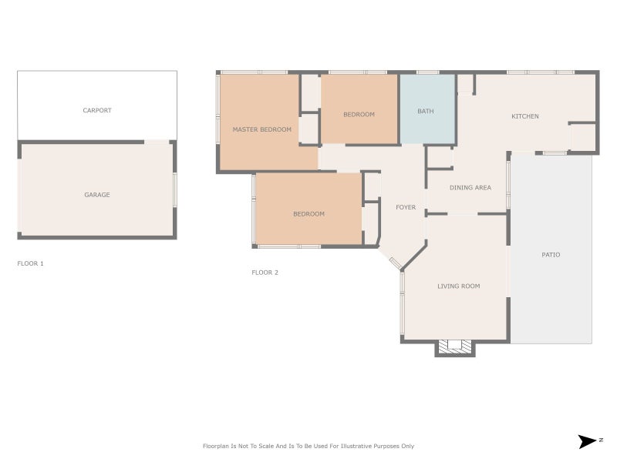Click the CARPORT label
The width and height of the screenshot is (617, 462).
97,110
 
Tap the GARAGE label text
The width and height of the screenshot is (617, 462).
97,195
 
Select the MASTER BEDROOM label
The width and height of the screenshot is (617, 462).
261,129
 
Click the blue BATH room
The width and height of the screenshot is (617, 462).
428,109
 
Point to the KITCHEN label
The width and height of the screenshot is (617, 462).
525,116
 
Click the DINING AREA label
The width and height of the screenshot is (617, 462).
470,188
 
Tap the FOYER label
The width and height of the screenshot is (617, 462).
406,207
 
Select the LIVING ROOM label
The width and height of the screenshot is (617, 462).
458,286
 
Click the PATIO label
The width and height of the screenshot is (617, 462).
551,255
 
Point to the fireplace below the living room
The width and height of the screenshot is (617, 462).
455,347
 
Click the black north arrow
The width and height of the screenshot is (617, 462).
587,441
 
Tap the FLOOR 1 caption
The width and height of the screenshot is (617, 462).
30,263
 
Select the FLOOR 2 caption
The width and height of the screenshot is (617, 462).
265,273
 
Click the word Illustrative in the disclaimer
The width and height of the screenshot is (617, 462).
356,446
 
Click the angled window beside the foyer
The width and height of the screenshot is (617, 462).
395,263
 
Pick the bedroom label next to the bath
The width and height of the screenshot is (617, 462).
359,115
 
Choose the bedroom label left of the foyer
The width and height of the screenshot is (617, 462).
309,214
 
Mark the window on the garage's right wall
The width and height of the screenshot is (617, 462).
175,189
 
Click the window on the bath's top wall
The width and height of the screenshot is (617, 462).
428,72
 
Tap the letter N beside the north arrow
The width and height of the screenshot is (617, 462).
601,440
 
